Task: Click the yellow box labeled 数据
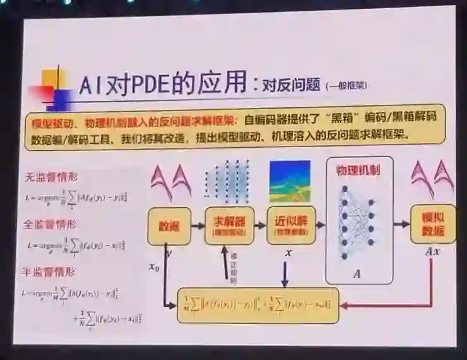pos(168,225)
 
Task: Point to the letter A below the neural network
pos(357,274)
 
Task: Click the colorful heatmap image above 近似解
pos(290,181)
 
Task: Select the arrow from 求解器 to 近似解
pos(261,225)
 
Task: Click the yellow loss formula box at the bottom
pos(258,305)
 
